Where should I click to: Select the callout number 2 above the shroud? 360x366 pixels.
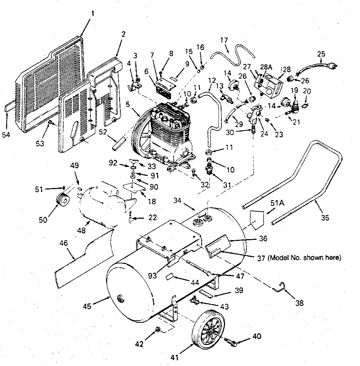pyautogui.click(x=123, y=35)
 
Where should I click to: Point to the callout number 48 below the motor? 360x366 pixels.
pyautogui.click(x=82, y=231)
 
